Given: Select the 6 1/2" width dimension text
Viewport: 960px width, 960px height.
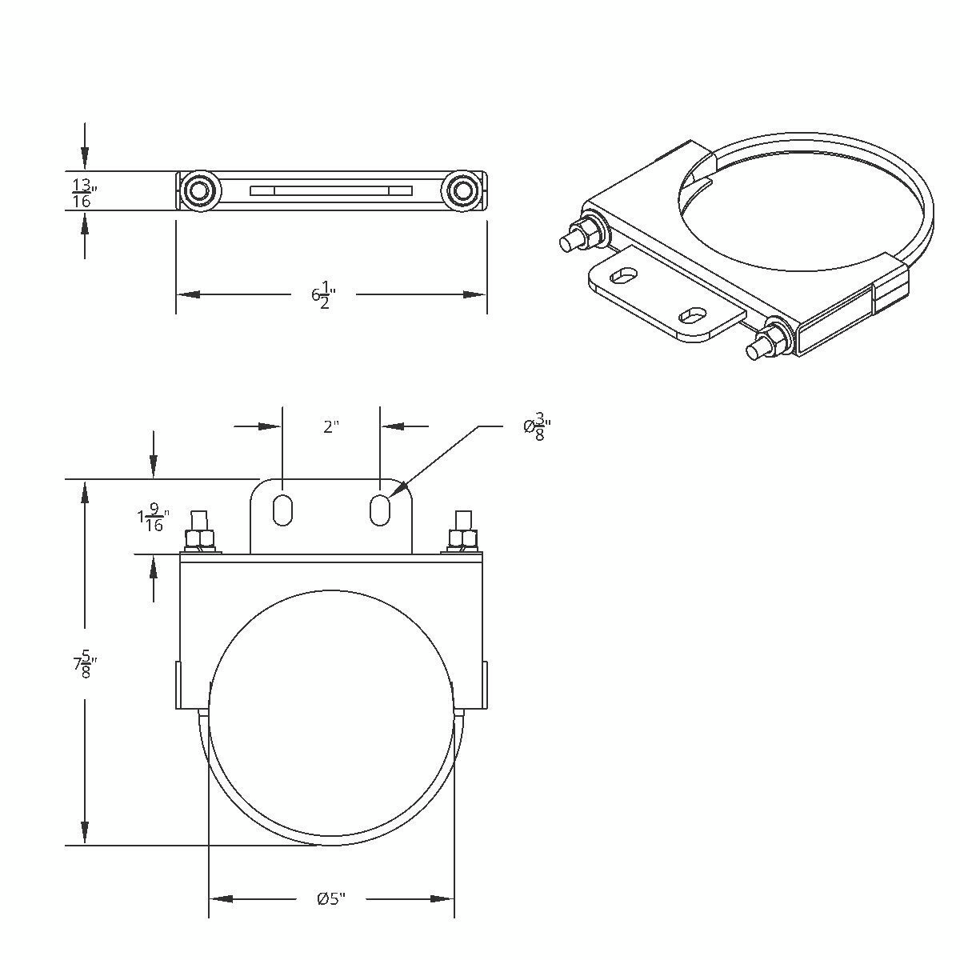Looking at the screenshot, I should (322, 294).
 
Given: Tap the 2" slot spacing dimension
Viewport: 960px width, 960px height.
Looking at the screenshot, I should (331, 427).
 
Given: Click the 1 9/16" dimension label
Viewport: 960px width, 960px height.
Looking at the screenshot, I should (152, 518).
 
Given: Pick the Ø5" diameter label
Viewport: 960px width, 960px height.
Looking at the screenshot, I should (330, 898).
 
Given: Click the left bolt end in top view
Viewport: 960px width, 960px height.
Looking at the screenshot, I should (197, 190).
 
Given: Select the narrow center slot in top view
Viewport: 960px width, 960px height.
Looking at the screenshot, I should (331, 190).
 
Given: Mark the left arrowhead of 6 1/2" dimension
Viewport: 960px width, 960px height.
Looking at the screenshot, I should (186, 294).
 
